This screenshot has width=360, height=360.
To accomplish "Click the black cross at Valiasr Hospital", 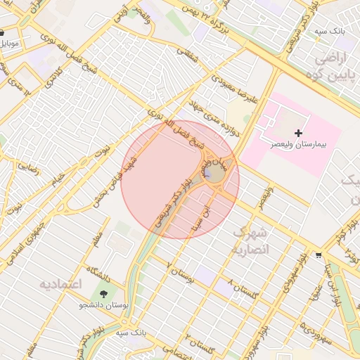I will pos(299,132).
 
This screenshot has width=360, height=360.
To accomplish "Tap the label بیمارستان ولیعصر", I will pos(299,143).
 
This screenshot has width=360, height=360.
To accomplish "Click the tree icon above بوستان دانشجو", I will pos(105,294).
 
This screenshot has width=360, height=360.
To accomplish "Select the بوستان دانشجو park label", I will pos(105,306).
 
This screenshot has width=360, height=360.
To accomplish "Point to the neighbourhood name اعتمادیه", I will pos(60,285).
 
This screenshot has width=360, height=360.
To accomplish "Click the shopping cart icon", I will pos(319,255).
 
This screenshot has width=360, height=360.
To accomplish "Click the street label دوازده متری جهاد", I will pos(233,121).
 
